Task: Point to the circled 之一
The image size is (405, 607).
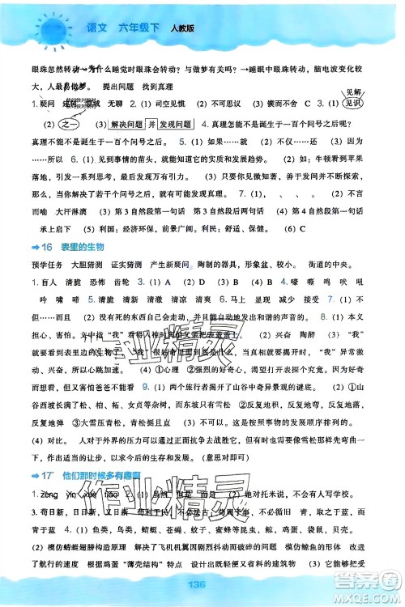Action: (44, 126)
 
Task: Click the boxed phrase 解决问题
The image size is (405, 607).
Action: (133, 126)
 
